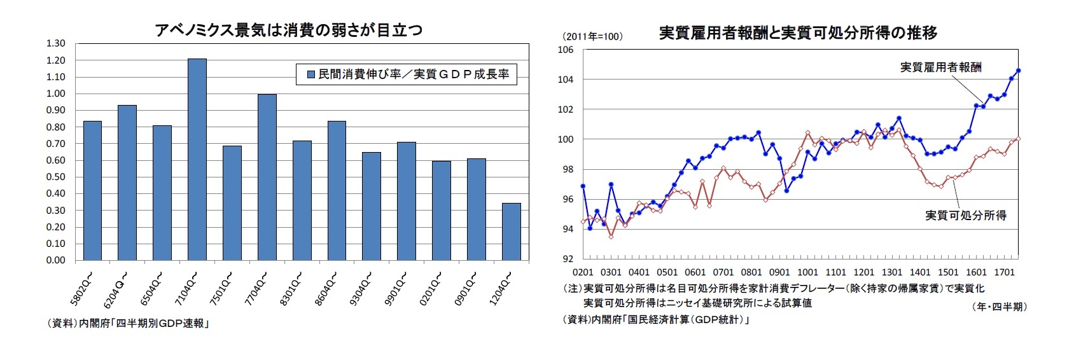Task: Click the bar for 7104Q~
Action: coord(197,160)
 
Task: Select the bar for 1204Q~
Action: coord(511,232)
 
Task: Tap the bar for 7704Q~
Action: coord(267,177)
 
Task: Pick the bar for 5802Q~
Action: coord(92,191)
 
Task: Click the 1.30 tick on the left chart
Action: coord(56,43)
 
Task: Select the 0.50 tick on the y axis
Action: coord(56,177)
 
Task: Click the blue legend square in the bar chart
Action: coord(311,74)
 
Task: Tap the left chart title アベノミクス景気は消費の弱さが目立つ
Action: coord(288,30)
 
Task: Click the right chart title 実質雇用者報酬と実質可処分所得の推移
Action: coord(798,32)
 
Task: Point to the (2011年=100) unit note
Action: coord(592,36)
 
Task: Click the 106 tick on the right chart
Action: coord(566,50)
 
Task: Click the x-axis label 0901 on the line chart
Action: coord(779,272)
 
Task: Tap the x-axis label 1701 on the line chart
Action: coord(1004,272)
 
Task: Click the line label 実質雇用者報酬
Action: coord(940,67)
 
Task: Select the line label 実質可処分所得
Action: coord(965,216)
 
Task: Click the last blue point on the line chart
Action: coord(1018,71)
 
